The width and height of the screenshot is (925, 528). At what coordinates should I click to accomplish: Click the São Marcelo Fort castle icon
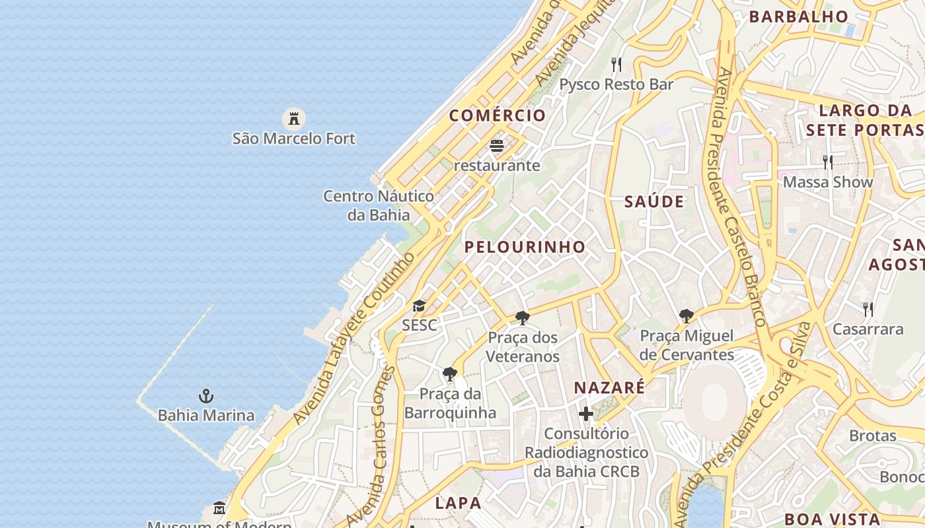294,119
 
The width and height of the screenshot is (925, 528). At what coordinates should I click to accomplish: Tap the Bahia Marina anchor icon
206,396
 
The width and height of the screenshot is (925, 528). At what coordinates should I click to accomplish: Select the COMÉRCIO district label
498,115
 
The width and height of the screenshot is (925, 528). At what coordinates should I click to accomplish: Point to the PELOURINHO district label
525,247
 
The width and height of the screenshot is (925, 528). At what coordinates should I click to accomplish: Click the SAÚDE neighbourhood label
654,202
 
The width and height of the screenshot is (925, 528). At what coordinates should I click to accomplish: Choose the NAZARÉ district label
609,387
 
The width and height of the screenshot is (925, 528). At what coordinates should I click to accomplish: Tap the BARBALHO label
798,16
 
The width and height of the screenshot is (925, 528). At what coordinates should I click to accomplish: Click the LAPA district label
458,503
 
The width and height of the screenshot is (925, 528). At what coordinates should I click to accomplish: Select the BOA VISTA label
832,519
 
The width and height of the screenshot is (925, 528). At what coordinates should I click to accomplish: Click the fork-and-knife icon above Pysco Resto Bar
616,64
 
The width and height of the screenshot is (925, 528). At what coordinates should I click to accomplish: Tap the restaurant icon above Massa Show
827,162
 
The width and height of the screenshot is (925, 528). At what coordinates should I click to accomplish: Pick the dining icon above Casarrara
868,309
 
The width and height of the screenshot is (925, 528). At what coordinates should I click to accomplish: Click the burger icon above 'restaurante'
497,145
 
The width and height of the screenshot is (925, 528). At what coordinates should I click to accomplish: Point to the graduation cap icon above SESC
419,306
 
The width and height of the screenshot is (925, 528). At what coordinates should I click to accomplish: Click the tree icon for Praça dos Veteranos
523,318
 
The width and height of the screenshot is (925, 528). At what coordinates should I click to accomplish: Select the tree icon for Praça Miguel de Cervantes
686,316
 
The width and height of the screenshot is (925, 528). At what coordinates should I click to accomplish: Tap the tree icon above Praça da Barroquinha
450,374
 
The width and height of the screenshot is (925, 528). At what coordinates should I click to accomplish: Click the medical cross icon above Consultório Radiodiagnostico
586,414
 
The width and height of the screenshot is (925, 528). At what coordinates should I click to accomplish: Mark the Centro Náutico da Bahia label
379,205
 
